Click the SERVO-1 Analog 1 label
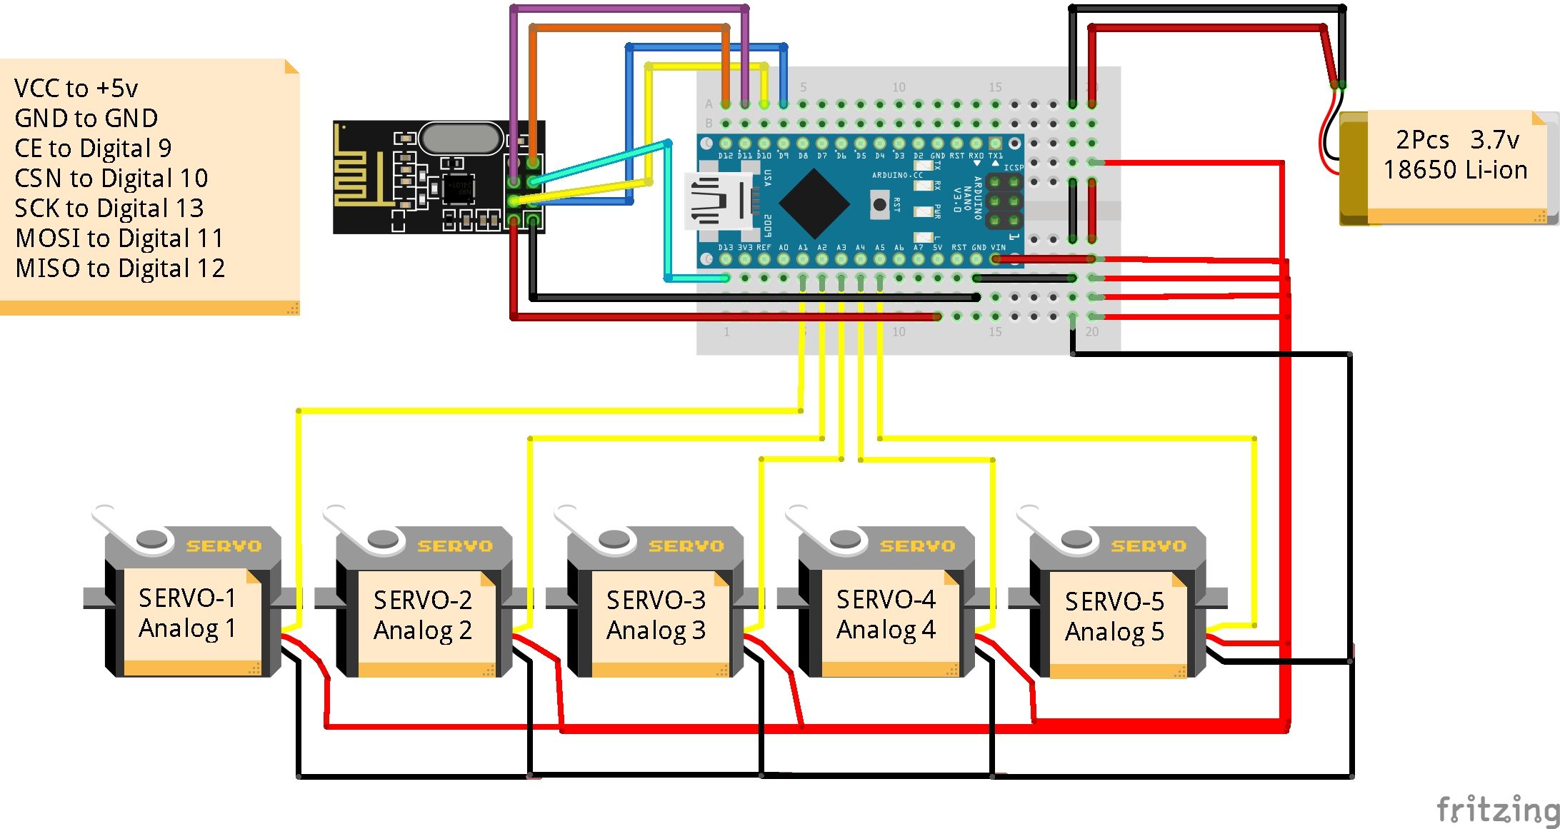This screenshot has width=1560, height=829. coord(187,613)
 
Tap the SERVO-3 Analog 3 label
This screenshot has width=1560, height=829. coord(656,615)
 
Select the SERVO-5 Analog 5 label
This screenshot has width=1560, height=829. coord(1114,616)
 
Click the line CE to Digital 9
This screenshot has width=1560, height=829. coord(93,148)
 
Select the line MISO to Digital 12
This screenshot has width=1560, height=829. coord(120,268)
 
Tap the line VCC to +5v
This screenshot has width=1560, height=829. coord(76,88)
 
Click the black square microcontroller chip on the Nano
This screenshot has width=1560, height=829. coord(814,204)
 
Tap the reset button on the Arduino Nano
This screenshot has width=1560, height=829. coord(880,205)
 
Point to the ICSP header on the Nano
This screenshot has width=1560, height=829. coord(1004,202)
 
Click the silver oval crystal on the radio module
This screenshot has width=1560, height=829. coord(461,138)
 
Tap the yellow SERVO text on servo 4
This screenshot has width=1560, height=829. coord(917,546)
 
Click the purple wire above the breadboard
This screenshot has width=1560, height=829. coord(629,9)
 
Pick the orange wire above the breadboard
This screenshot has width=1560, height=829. coord(629,27)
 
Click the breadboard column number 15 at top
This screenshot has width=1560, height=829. coord(995,87)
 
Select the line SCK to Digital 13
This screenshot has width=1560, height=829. coord(109,208)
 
